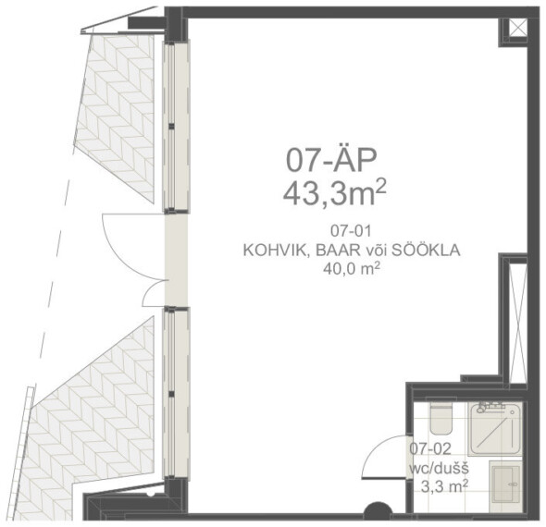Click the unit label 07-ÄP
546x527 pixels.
[331, 161]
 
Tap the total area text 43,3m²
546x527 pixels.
[335, 193]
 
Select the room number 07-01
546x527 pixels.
[351, 230]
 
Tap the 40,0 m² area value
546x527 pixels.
[351, 268]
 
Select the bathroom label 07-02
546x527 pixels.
[430, 448]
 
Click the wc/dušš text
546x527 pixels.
[439, 468]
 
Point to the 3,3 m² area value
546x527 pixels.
[444, 486]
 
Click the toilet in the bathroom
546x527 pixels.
[441, 416]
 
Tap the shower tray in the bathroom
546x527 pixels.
[495, 429]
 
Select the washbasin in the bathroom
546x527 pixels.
[506, 486]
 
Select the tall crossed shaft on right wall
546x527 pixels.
[518, 324]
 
